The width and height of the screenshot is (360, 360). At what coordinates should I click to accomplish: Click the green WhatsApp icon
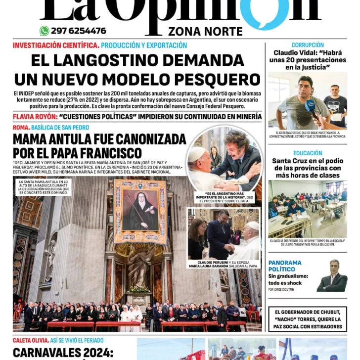[45, 31]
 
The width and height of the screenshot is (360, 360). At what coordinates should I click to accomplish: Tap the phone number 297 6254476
[78, 31]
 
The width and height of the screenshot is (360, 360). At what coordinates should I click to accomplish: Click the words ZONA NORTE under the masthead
[205, 32]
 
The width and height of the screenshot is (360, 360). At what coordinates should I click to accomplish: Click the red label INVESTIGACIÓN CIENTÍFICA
[56, 45]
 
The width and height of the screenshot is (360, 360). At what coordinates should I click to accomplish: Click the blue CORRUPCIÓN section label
[307, 45]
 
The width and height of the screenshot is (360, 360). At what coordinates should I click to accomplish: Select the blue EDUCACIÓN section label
[307, 153]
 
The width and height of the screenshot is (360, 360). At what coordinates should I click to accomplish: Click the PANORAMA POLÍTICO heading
[285, 266]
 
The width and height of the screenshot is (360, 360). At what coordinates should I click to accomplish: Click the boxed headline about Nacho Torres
[307, 319]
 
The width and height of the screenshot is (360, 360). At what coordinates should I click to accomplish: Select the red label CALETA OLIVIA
[30, 340]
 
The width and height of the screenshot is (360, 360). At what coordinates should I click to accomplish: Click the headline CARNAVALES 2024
[63, 353]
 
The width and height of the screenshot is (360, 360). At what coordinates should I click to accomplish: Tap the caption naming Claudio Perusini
[224, 264]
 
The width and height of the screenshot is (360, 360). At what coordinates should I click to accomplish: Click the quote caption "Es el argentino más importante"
[226, 196]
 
